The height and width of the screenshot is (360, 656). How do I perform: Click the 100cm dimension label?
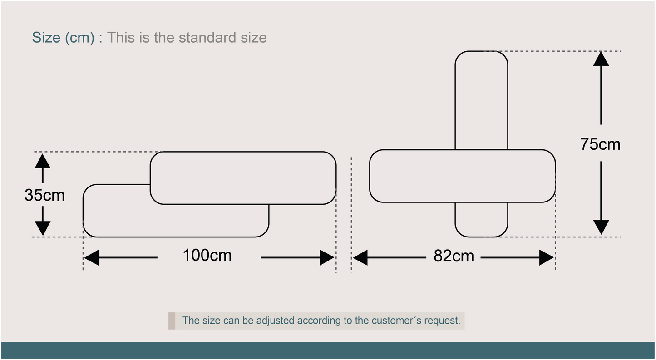(x=207, y=255)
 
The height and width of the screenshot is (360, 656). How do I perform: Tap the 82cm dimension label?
(x=454, y=256)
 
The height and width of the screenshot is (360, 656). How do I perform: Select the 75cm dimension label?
(x=600, y=144)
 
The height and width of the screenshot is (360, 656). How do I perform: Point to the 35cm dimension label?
(x=44, y=195)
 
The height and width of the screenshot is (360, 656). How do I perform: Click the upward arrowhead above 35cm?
(x=43, y=161)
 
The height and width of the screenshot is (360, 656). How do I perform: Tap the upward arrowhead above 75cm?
(x=601, y=59)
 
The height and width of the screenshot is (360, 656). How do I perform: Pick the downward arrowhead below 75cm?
(x=601, y=227)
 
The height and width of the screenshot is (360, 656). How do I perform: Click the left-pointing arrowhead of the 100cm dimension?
(x=91, y=257)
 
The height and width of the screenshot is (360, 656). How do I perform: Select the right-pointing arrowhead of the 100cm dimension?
(x=327, y=257)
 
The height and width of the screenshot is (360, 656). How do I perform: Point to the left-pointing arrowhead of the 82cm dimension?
(x=360, y=257)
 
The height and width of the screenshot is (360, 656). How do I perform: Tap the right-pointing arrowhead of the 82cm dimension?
(x=547, y=257)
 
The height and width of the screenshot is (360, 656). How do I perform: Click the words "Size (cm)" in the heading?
(x=63, y=38)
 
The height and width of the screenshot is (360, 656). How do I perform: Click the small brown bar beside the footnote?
(x=172, y=321)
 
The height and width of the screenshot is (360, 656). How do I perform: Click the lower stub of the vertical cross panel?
(x=482, y=219)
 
